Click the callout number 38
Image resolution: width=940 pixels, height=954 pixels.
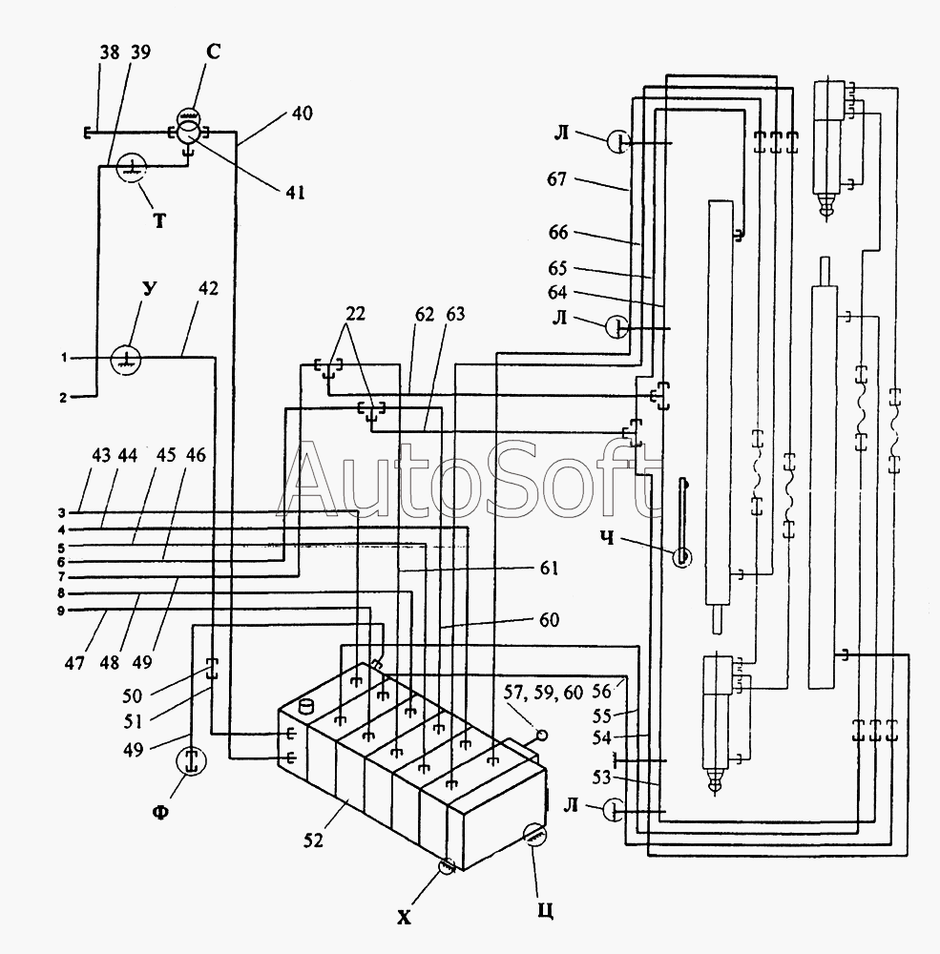pos(110,52)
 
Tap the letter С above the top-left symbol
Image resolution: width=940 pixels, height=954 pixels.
pos(213,52)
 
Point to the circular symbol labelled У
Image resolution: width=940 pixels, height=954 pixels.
pos(126,361)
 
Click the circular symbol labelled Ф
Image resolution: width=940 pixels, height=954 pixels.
pos(191,762)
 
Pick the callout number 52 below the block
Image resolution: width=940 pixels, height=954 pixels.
pos(313,840)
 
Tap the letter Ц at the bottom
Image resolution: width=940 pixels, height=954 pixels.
pos(546,911)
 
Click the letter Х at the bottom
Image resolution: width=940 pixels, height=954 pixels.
pos(404,918)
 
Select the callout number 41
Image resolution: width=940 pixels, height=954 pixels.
pos(295,193)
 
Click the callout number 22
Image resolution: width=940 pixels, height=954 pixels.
pos(356,314)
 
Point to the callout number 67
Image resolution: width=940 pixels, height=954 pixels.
pos(556,179)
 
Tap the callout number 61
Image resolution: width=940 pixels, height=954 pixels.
pos(549,568)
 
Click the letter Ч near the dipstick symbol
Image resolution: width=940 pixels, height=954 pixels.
pos(606,538)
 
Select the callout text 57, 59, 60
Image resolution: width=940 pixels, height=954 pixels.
pos(543,692)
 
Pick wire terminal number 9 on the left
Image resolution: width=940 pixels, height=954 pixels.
pos(61,611)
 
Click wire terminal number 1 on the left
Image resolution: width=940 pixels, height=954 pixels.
pos(63,358)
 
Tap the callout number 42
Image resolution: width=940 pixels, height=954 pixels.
pos(208,288)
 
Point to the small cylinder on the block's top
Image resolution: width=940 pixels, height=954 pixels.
pos(307,707)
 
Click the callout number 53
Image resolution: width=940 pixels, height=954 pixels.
pos(601,777)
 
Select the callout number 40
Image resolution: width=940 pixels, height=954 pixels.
pos(303,114)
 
